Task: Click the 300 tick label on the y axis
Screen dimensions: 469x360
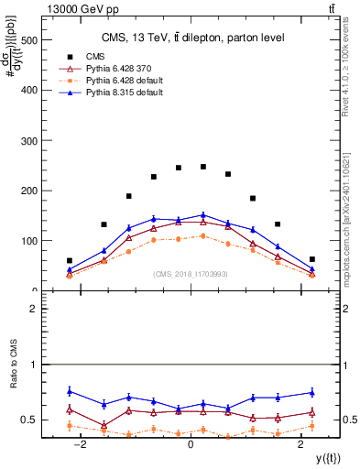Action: click(x=31, y=140)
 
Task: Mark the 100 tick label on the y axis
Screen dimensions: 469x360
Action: click(x=31, y=241)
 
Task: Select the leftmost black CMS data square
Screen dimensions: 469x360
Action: click(x=70, y=260)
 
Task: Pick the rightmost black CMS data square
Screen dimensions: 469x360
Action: click(x=311, y=259)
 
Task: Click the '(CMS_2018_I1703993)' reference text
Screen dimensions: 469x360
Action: click(x=190, y=274)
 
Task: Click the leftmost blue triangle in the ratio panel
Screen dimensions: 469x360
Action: click(x=70, y=391)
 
